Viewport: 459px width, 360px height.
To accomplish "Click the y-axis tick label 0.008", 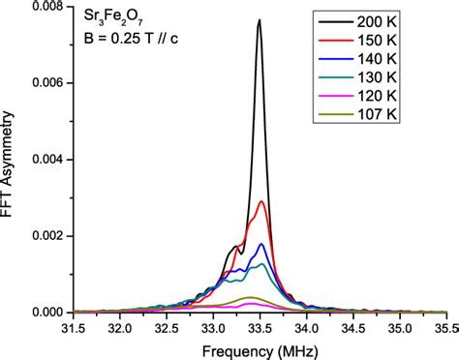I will click(46, 7).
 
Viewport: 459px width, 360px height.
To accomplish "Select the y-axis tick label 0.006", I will click(46, 83).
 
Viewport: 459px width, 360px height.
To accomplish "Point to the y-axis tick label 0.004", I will click(46, 160).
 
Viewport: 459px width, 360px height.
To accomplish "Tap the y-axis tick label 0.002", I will click(46, 236).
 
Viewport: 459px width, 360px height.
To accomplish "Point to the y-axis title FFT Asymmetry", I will click(11, 160).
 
